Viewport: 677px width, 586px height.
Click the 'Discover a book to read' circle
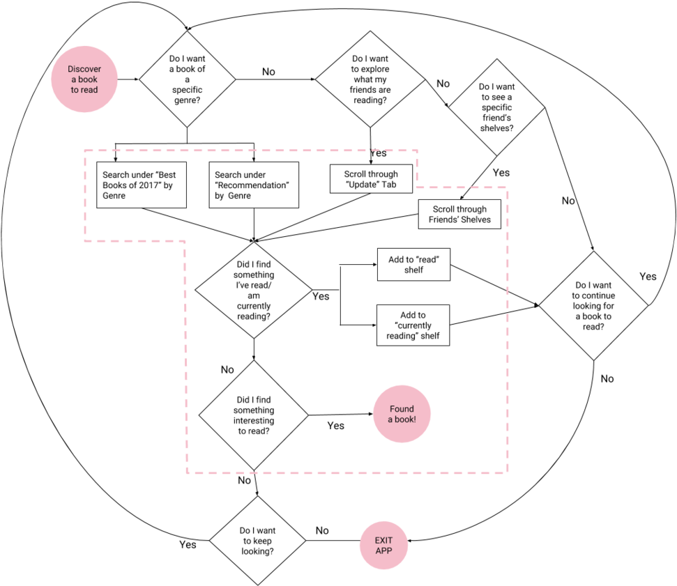coord(84,79)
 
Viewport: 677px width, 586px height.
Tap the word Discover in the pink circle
coord(84,69)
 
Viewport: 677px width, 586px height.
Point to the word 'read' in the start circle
coord(89,90)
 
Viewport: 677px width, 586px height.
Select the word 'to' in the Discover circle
coord(75,90)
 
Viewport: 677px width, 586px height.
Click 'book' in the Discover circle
coord(88,79)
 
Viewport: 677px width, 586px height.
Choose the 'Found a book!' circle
coord(402,414)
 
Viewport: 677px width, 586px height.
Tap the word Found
coord(402,409)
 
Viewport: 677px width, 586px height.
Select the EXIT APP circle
coord(383,546)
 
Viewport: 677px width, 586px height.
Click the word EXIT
coord(383,540)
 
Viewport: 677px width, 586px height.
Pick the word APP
coord(383,550)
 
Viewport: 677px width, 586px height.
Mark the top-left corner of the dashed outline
coord(85,151)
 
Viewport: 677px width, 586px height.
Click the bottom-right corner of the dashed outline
coord(508,472)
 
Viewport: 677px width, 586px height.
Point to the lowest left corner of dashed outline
coord(186,472)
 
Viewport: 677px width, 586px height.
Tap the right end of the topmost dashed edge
coord(417,151)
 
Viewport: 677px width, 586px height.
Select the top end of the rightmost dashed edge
coord(508,187)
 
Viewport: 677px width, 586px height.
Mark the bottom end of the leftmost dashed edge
coord(85,241)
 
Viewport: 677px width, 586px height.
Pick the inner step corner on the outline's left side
coord(185,241)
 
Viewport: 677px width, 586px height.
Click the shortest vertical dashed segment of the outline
coord(417,169)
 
